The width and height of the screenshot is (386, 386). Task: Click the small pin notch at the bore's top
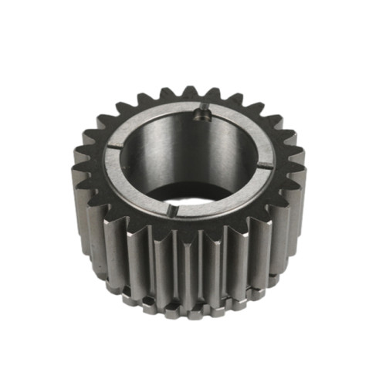click(x=202, y=115)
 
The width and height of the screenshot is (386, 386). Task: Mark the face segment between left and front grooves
click(x=131, y=185)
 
